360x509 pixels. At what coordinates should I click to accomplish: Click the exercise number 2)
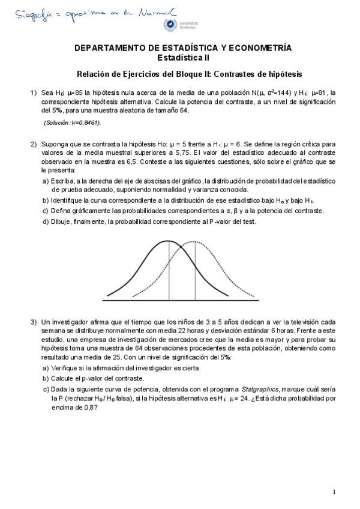pyautogui.click(x=34, y=144)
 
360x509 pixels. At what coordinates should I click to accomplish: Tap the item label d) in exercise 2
pyautogui.click(x=46, y=221)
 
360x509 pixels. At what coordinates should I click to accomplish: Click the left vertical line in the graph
pyautogui.click(x=169, y=270)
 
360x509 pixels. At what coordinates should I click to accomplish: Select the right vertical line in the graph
pyautogui.click(x=194, y=270)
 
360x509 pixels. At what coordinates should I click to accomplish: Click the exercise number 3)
pyautogui.click(x=34, y=322)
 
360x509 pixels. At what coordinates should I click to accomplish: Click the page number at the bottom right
pyautogui.click(x=334, y=492)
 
